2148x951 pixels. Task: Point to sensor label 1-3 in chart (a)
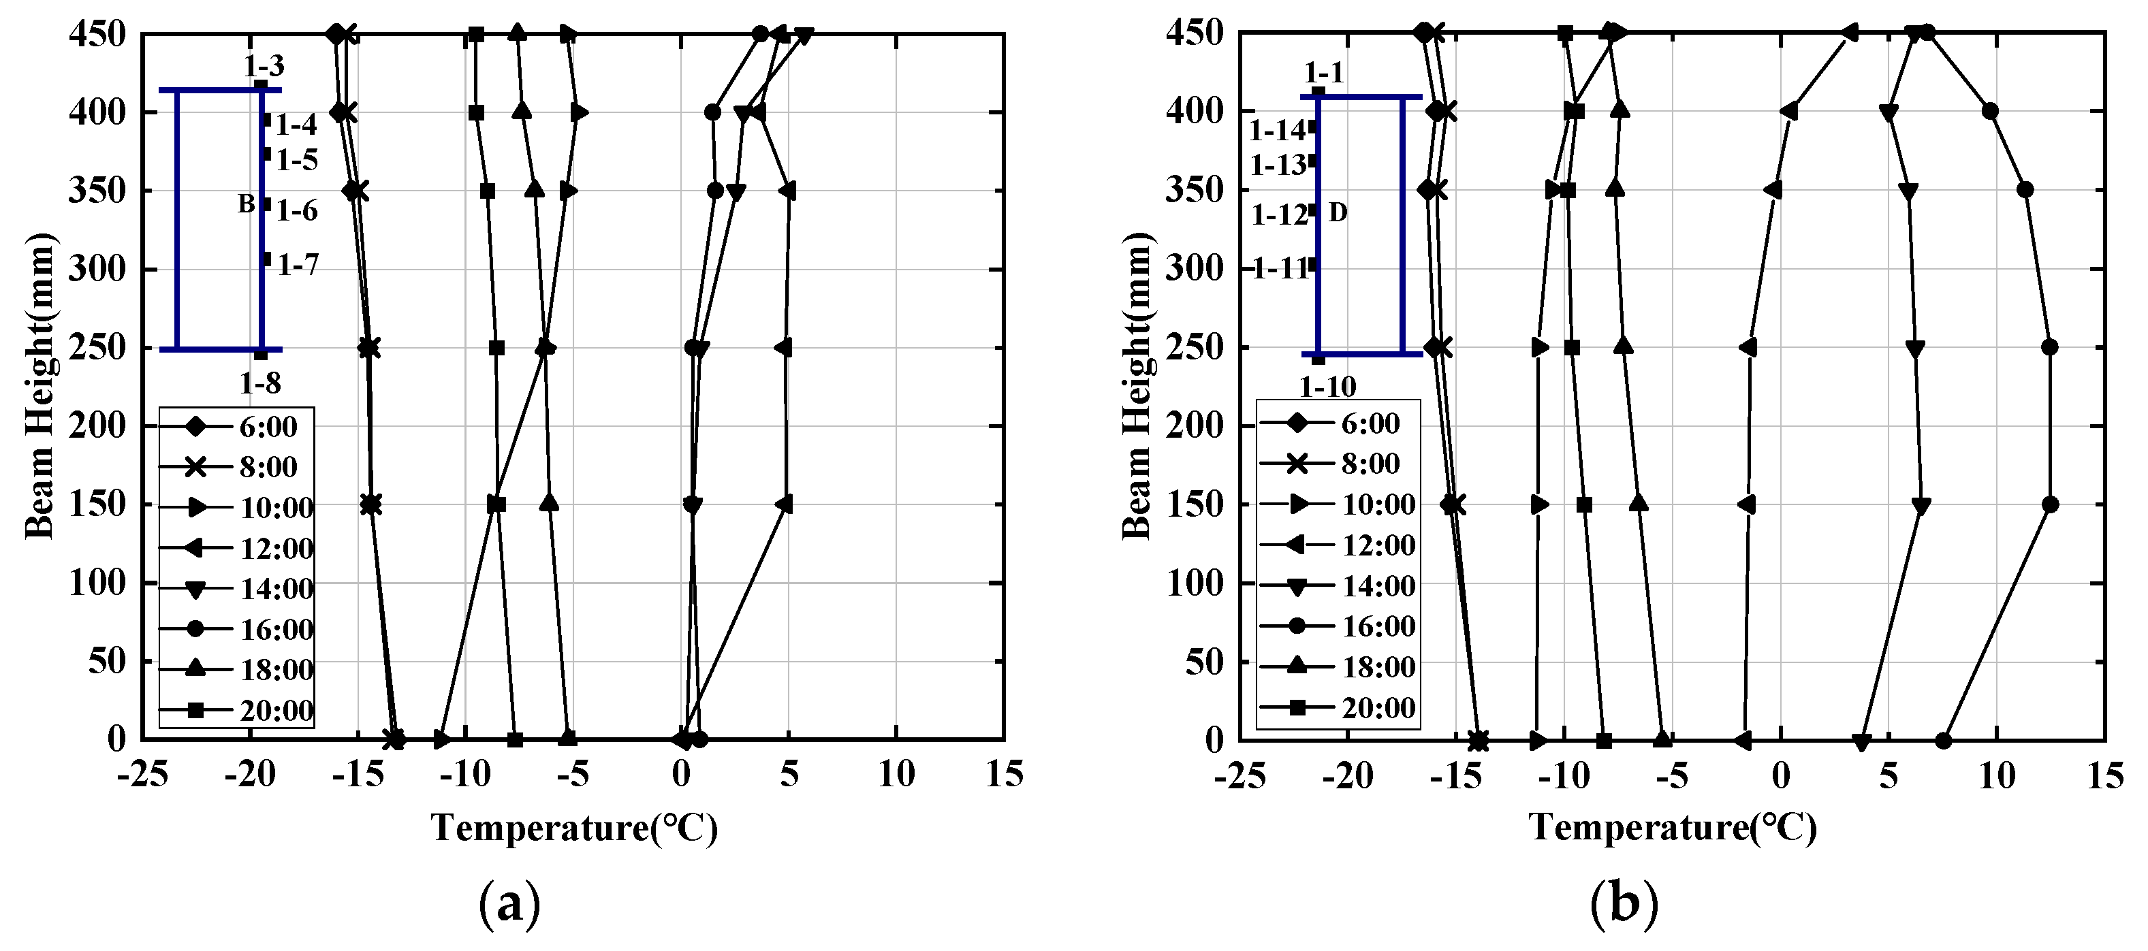coord(264,66)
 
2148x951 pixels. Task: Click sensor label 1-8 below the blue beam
coord(260,383)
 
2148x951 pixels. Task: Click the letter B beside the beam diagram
coord(246,204)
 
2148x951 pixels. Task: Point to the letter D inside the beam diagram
coord(1338,213)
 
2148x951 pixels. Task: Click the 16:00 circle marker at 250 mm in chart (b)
coord(2050,348)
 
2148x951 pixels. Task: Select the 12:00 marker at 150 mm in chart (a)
coord(784,504)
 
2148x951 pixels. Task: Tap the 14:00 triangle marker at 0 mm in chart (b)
coord(1861,741)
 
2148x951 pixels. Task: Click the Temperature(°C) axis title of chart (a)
coord(573,828)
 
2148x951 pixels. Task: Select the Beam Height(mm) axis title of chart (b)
coord(1136,387)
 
